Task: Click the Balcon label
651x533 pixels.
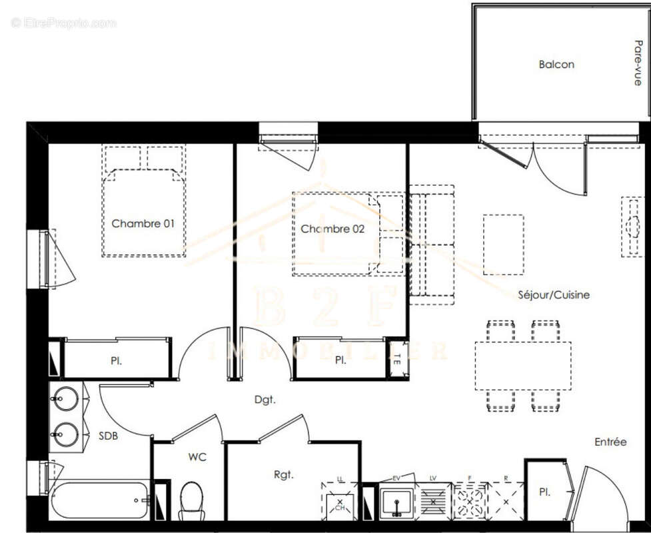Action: [556, 65]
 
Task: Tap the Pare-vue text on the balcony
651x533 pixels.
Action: [638, 63]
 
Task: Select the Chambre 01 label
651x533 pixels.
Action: [143, 223]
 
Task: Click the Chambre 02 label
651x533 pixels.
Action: [332, 229]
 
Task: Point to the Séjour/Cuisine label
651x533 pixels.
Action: [554, 294]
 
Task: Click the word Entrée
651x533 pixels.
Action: [610, 442]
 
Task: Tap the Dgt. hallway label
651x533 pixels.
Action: [264, 400]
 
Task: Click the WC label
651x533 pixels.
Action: [197, 457]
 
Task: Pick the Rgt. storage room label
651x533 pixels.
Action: [284, 475]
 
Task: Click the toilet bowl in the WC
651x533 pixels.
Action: [191, 500]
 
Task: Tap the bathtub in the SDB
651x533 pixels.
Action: [100, 500]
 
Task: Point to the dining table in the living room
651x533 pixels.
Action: [523, 366]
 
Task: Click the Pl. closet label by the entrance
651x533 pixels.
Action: [544, 492]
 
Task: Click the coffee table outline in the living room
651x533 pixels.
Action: [503, 245]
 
